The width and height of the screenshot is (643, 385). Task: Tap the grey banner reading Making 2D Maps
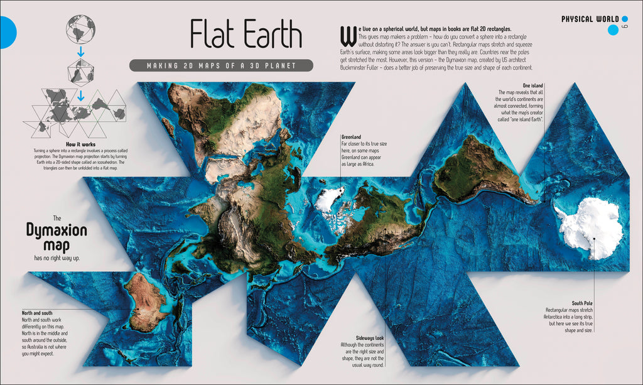[221, 65]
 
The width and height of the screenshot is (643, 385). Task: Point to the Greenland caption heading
[352, 136]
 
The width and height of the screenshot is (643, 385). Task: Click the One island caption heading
[532, 85]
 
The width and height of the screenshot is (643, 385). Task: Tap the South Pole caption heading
[581, 303]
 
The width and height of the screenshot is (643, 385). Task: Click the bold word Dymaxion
[57, 230]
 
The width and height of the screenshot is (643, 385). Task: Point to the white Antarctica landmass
[590, 227]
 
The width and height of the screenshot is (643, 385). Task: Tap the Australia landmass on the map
[145, 301]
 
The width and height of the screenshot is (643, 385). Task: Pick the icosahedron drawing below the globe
[80, 71]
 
